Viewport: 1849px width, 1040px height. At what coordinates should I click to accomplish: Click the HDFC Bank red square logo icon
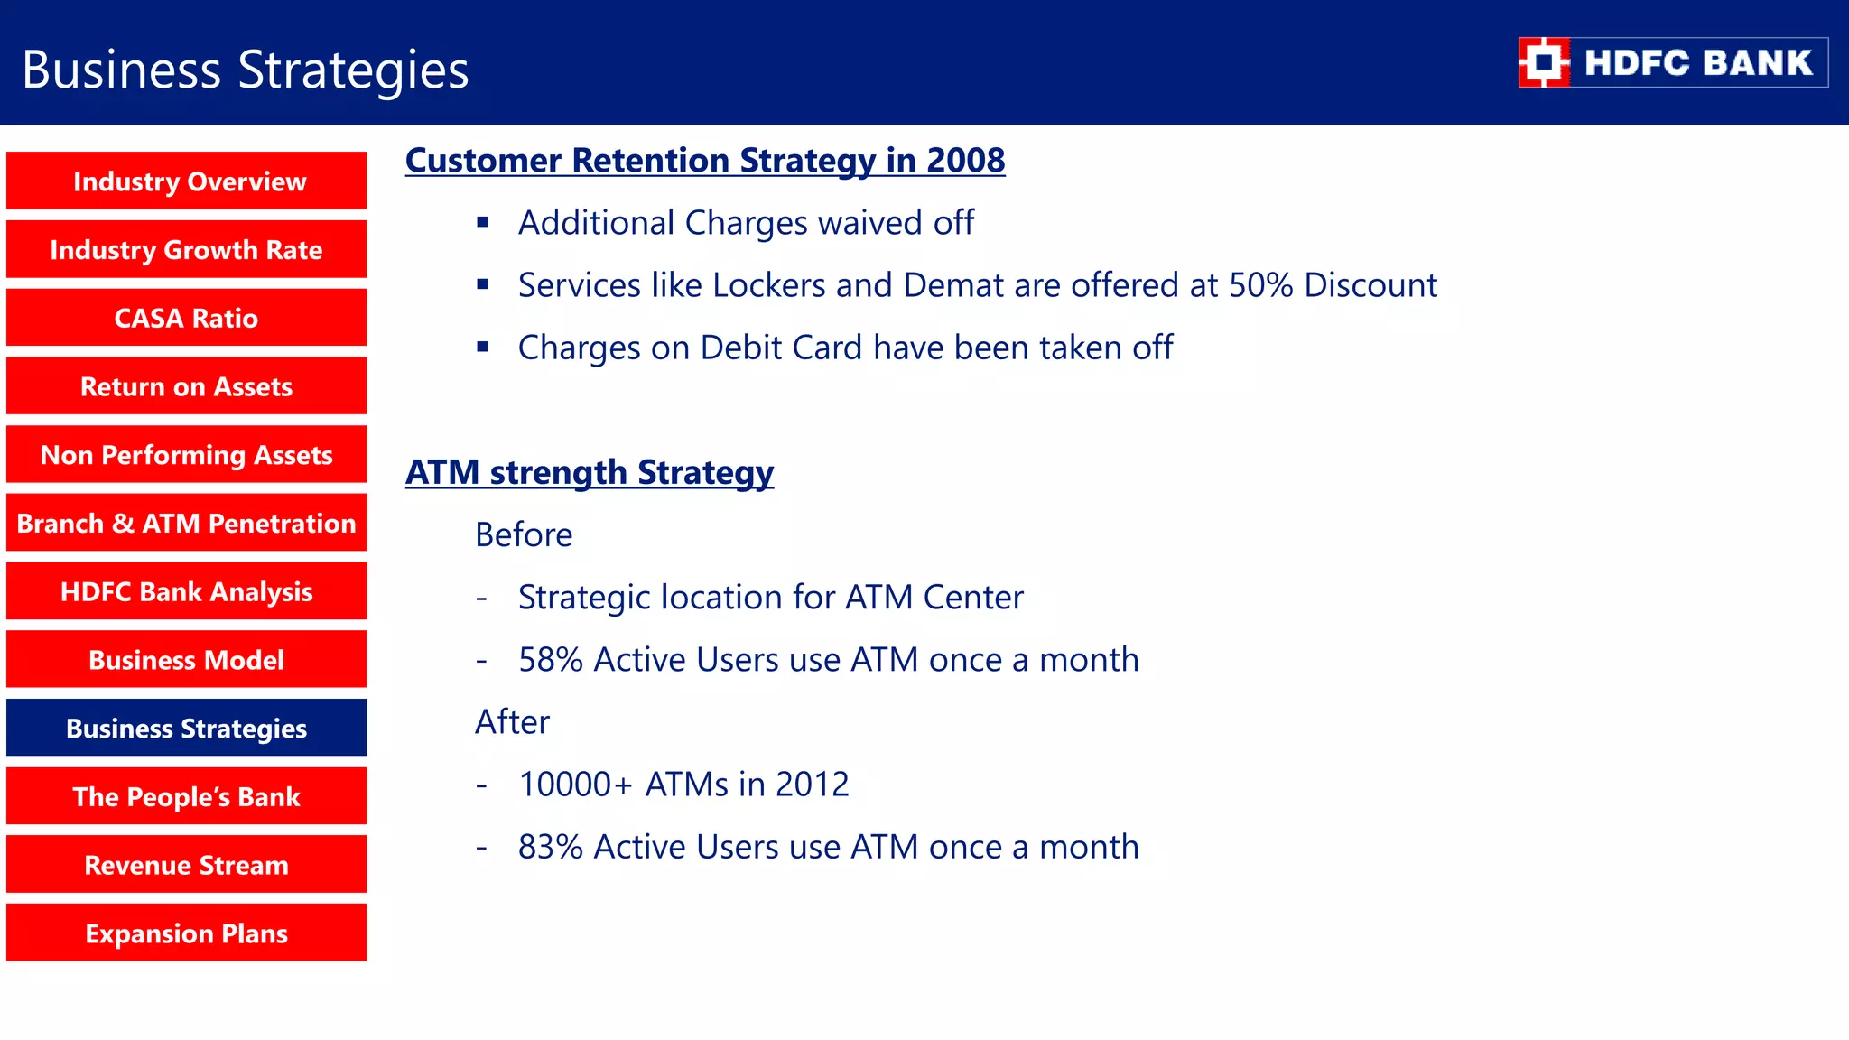point(1544,62)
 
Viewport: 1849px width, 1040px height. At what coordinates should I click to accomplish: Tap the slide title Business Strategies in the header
point(245,70)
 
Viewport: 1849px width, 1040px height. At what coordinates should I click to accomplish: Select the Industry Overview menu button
point(187,181)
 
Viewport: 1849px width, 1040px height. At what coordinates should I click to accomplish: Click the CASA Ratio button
point(187,318)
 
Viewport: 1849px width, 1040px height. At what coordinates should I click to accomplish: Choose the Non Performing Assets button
point(187,455)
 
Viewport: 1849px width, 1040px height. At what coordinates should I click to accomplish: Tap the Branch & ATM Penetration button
point(187,524)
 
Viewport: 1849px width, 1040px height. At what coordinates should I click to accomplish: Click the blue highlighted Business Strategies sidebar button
point(187,729)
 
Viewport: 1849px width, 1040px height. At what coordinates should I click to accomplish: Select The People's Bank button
point(187,797)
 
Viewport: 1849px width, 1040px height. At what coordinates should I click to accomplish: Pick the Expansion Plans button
point(187,933)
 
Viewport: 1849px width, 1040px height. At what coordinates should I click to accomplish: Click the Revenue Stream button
point(187,865)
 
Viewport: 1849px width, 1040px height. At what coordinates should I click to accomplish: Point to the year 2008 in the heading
point(965,161)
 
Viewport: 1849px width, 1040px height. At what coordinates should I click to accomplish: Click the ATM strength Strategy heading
point(589,473)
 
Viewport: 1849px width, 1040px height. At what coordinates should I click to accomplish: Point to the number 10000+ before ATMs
point(575,785)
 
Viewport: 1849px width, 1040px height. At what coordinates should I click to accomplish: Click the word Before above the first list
point(524,535)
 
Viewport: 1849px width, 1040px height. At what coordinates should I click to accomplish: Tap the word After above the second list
point(512,722)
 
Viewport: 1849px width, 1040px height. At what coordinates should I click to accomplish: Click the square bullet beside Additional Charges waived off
point(483,222)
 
